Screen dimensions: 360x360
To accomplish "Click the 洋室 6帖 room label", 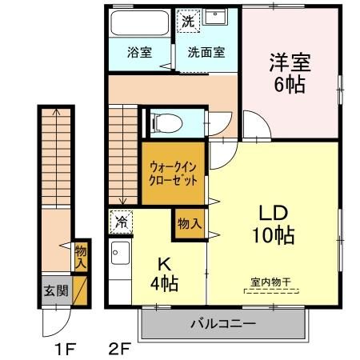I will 289,73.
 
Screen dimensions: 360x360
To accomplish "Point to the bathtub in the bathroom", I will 138,23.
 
